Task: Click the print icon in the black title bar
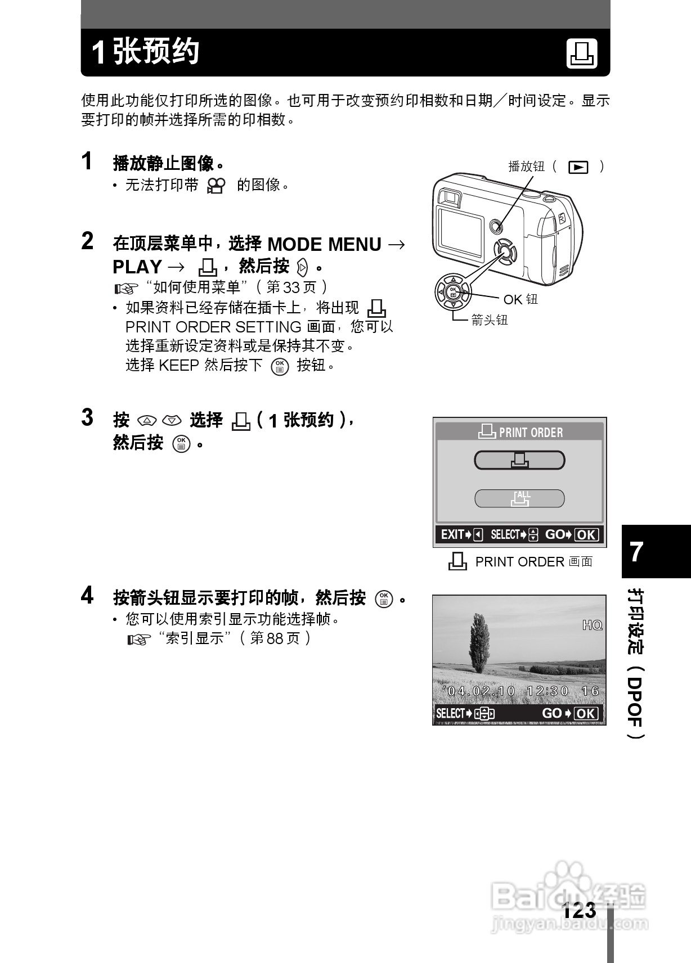tap(581, 54)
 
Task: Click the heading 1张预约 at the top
tap(145, 52)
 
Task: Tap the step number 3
tap(87, 417)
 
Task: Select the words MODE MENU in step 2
tap(324, 244)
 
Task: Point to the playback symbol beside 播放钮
tap(578, 167)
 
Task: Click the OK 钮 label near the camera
tap(520, 299)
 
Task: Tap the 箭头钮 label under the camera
tap(489, 320)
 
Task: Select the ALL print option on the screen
tap(519, 498)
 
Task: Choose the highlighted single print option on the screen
tap(519, 460)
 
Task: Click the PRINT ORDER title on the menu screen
tap(531, 433)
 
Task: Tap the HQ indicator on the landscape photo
tap(592, 625)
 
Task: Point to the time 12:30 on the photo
tap(548, 691)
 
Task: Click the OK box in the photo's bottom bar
tap(586, 714)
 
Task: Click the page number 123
tap(579, 910)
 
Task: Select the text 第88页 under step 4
tap(275, 638)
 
